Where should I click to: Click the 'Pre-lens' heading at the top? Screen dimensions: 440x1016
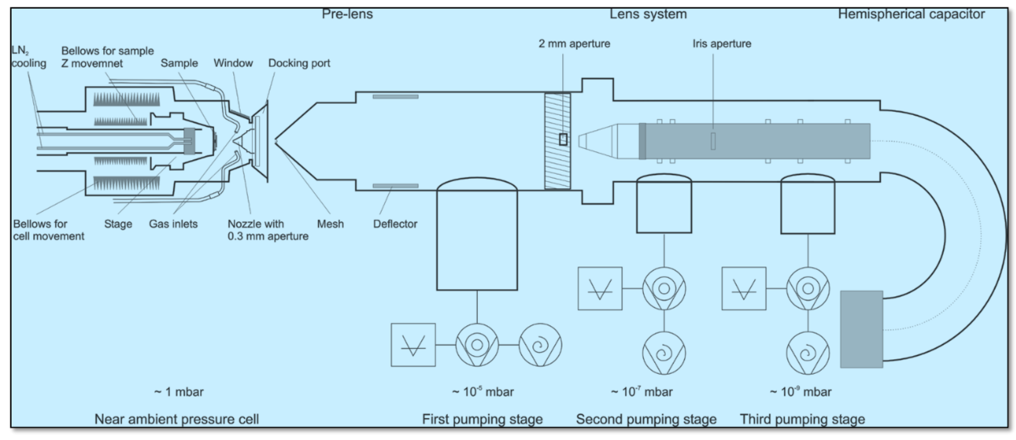point(347,14)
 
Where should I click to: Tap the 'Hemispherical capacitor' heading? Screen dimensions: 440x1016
point(911,14)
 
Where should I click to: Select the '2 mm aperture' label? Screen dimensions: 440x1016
point(574,43)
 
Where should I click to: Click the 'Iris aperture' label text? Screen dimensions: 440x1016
point(722,43)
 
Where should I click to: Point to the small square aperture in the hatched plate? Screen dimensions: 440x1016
point(563,139)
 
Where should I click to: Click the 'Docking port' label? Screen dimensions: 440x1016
point(299,63)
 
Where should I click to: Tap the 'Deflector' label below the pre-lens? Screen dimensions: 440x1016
point(395,224)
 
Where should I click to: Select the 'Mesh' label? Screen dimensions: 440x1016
point(330,224)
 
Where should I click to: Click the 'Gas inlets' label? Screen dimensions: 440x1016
point(173,224)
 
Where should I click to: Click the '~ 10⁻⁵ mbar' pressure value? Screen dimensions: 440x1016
point(483,392)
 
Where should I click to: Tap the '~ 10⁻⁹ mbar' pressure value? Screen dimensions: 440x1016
point(801,392)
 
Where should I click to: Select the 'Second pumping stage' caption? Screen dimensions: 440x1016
point(646,419)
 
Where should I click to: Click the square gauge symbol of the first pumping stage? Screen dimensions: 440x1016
point(413,345)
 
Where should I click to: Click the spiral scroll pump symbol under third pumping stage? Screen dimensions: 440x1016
point(808,353)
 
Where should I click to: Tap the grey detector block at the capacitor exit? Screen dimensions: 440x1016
point(861,329)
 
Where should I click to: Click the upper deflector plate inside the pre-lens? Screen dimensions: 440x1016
point(395,97)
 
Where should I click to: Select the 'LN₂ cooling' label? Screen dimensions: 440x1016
point(28,57)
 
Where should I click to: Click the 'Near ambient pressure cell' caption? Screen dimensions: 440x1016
point(177,419)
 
